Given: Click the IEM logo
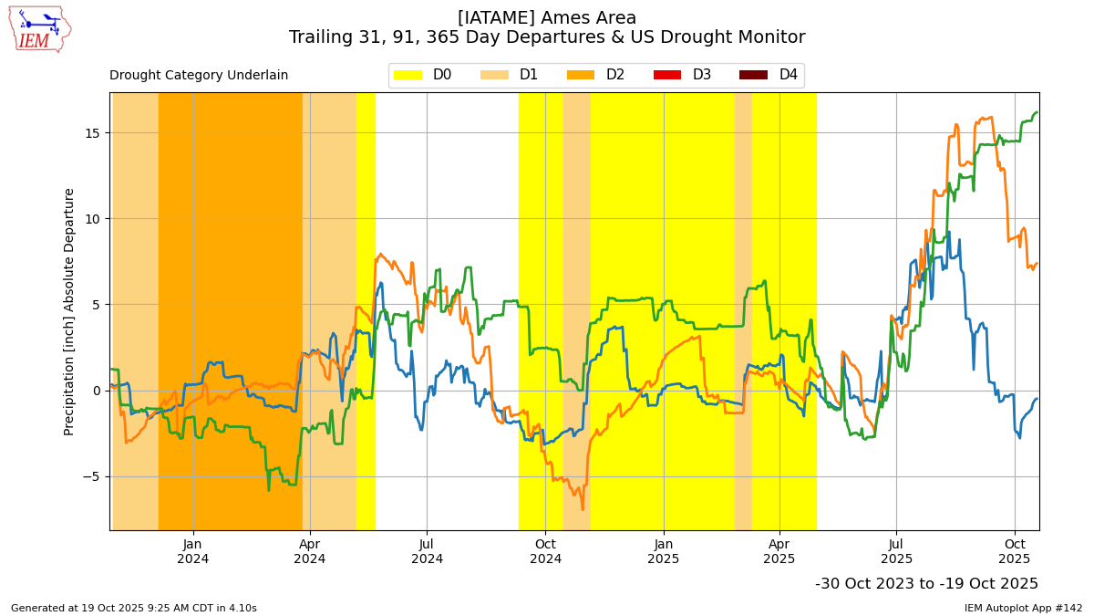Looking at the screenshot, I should tap(39, 29).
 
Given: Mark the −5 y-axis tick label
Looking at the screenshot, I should tap(92, 476).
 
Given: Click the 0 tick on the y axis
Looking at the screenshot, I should tap(97, 391).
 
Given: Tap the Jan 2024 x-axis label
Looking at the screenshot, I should tap(192, 551).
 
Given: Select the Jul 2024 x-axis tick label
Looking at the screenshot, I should tap(427, 551).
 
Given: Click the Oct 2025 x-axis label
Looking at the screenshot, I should tap(1015, 551).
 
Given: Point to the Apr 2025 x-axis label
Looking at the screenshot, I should tap(779, 551).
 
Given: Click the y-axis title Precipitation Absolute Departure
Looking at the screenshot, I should tap(69, 311).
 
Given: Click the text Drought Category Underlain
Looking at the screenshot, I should tap(199, 76).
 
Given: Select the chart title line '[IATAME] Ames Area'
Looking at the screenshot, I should tap(547, 17).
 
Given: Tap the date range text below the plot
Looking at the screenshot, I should tap(926, 584).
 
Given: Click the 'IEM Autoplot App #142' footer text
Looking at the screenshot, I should tap(1023, 608).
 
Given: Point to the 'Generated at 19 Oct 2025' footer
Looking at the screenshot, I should tap(134, 608).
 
